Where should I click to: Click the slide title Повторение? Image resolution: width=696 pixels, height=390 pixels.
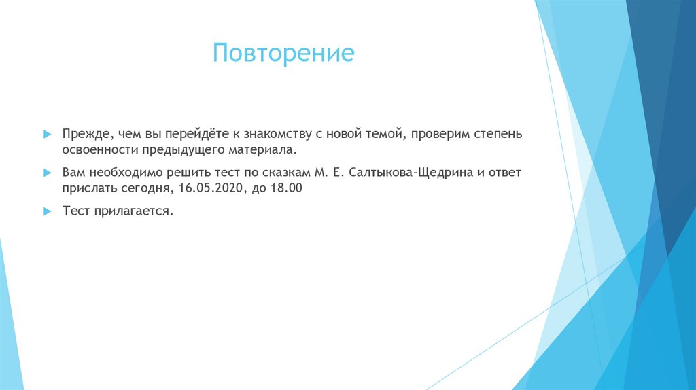click(x=283, y=54)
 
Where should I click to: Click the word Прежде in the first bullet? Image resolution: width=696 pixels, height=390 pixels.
click(x=83, y=134)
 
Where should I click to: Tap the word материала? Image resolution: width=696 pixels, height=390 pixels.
click(x=267, y=149)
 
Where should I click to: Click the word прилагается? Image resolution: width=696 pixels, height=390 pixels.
click(x=133, y=211)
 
